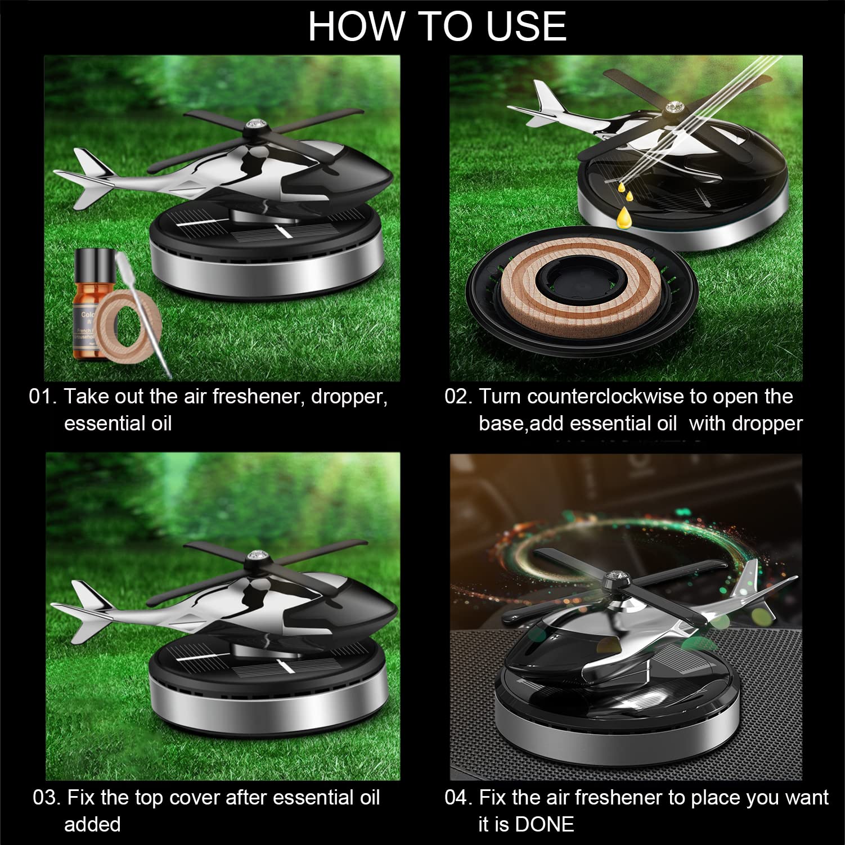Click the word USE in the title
[x=526, y=26]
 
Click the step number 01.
[x=43, y=397]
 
